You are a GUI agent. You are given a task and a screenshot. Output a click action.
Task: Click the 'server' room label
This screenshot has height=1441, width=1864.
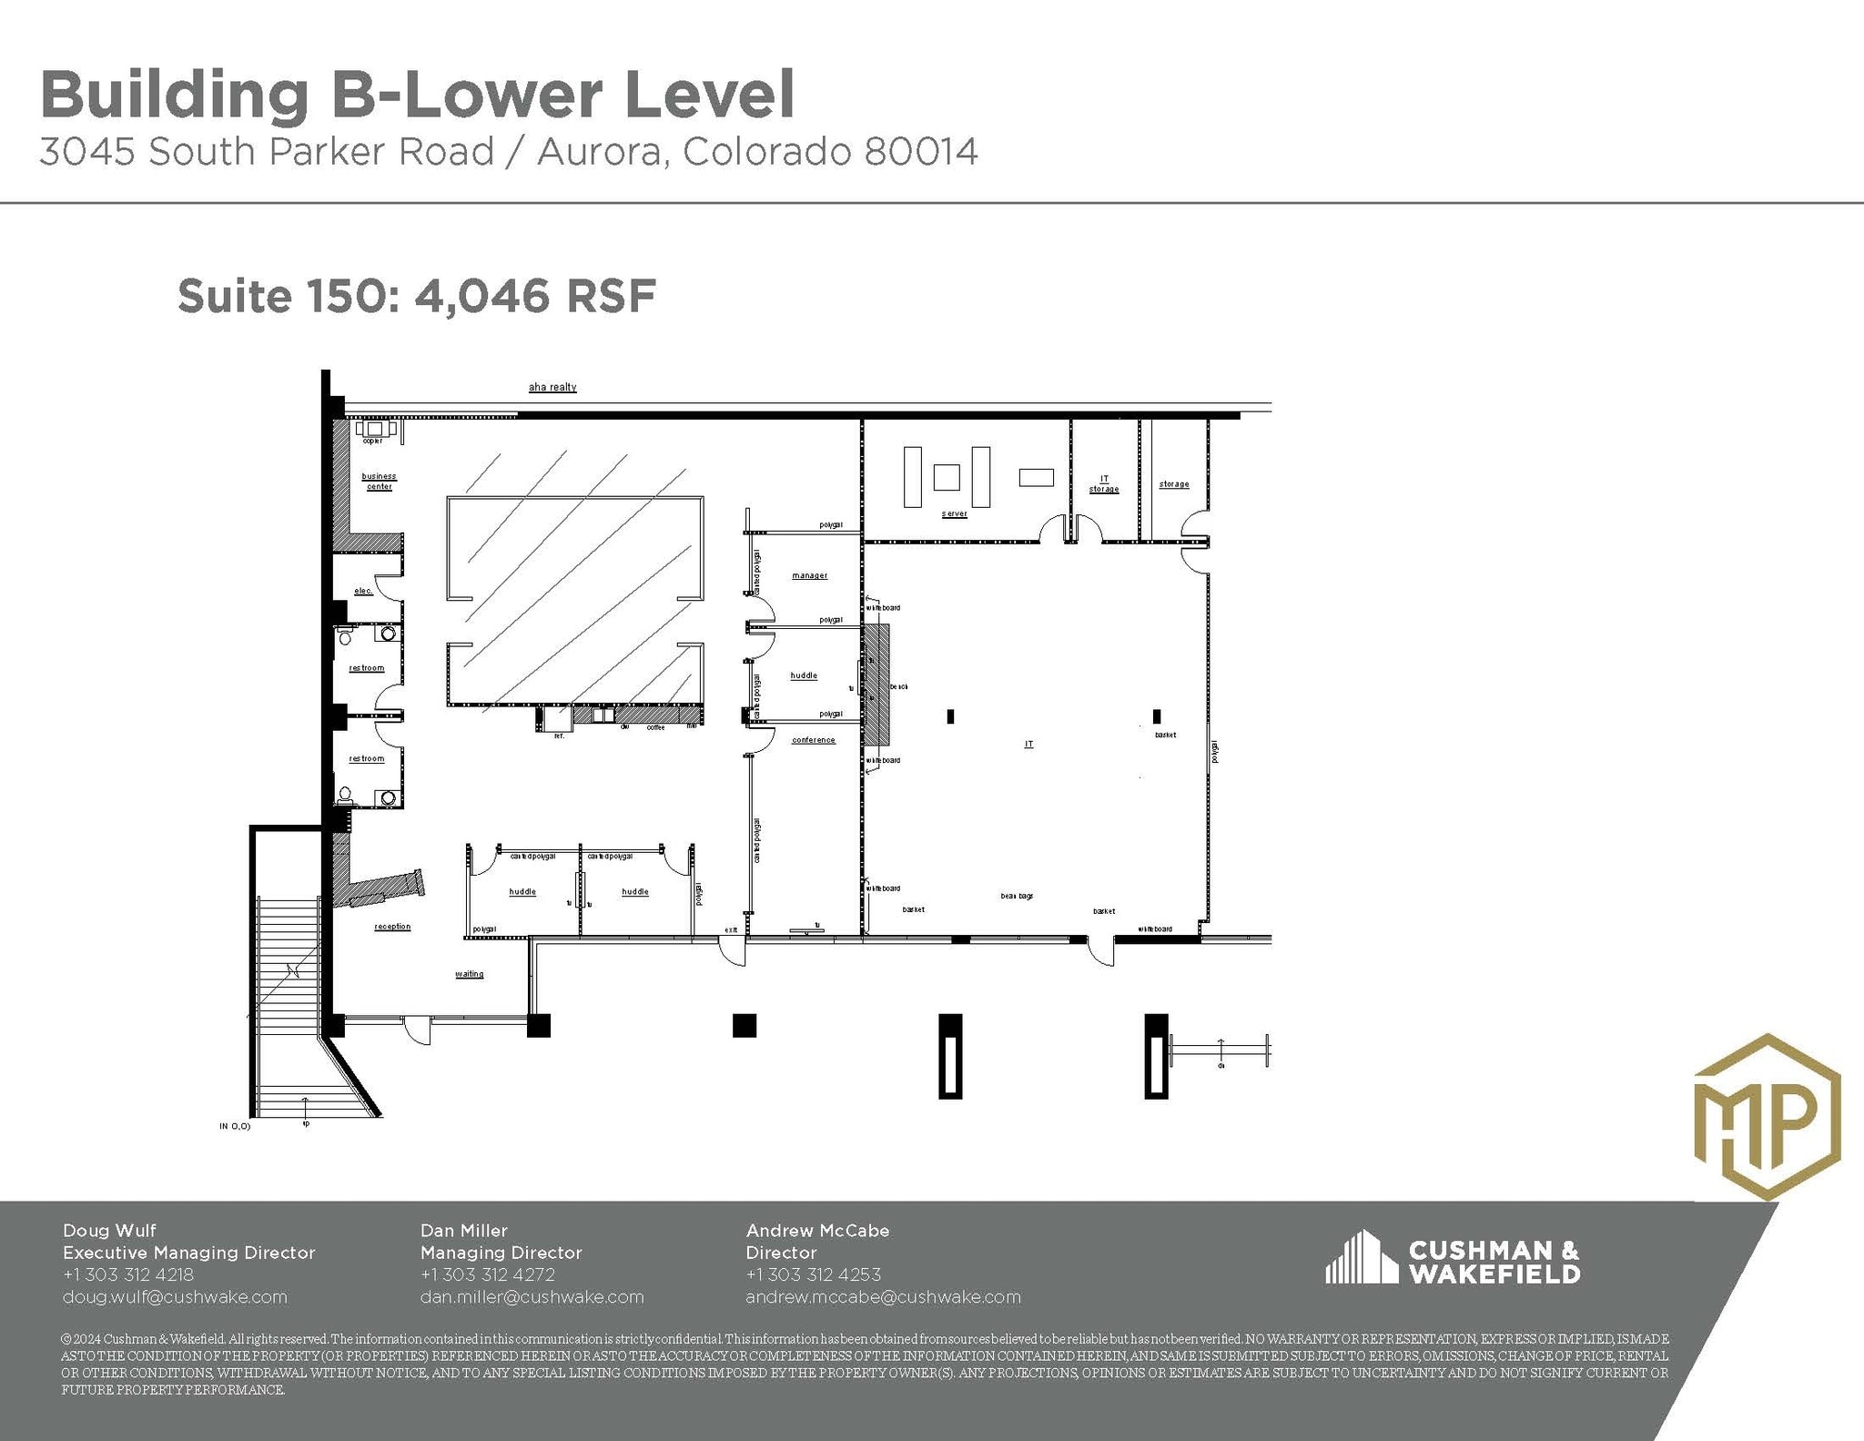click(x=954, y=514)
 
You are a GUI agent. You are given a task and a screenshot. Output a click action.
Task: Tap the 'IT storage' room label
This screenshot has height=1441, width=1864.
click(x=1104, y=484)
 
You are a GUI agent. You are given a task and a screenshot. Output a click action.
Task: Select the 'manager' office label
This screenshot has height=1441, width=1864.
click(x=809, y=576)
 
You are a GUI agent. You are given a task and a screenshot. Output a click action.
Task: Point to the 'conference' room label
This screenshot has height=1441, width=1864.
click(x=813, y=740)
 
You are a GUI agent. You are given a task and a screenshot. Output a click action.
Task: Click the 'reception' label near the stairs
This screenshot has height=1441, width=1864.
click(x=392, y=927)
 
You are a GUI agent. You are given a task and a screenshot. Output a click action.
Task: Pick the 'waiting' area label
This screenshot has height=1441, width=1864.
click(x=469, y=974)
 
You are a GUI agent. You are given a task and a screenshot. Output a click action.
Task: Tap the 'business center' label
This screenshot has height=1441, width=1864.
click(x=379, y=482)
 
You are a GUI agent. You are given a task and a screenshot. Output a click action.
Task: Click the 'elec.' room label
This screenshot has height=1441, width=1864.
click(x=363, y=592)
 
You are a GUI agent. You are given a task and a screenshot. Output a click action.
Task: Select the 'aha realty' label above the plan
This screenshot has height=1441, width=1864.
click(x=552, y=388)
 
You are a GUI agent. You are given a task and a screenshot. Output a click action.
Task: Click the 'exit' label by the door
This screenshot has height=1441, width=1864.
click(x=731, y=930)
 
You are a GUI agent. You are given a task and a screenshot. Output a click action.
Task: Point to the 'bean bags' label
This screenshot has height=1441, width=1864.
click(x=1017, y=897)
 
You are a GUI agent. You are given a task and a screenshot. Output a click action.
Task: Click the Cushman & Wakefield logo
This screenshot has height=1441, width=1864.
click(x=1453, y=1261)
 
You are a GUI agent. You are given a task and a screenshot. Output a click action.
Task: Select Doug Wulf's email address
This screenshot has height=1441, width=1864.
click(x=175, y=1297)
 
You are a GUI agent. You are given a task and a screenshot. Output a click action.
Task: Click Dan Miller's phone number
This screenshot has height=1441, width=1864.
click(x=487, y=1275)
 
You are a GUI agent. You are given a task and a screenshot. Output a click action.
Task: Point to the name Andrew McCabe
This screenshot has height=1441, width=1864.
click(x=817, y=1231)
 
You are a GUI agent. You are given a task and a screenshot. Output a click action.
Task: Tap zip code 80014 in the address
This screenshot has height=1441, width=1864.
click(x=921, y=153)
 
